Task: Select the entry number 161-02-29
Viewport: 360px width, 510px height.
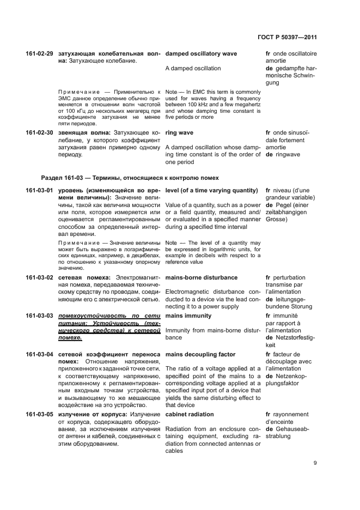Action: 39,54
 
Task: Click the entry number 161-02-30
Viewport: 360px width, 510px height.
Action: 39,132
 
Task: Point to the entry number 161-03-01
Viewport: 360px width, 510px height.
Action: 39,190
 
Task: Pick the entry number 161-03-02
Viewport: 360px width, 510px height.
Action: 39,277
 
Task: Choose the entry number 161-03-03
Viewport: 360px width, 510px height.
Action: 39,315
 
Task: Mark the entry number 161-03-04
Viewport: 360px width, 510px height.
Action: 39,354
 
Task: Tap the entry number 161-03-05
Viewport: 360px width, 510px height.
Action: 39,414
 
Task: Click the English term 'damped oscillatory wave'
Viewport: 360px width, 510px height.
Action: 201,54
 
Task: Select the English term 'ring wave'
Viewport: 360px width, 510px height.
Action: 179,132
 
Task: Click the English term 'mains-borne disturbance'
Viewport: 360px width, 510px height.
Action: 201,277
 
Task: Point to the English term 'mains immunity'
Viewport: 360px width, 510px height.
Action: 188,315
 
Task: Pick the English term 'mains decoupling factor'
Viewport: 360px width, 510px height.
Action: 200,354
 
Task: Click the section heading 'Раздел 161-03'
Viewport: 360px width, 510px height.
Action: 130,178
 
